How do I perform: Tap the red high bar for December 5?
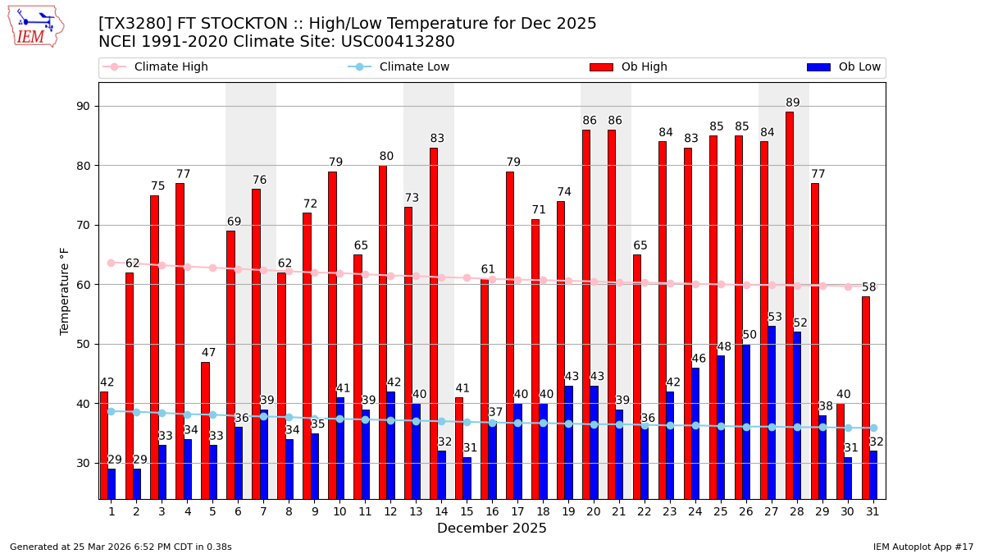[205, 430]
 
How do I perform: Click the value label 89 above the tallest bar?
[793, 103]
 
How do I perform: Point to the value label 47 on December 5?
[209, 353]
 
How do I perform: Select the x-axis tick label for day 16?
[492, 511]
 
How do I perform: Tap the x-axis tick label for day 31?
[872, 511]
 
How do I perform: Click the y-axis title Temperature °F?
[65, 291]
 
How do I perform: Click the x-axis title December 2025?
[492, 529]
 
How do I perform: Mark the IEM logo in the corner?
[35, 26]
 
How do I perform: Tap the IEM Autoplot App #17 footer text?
[922, 547]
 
